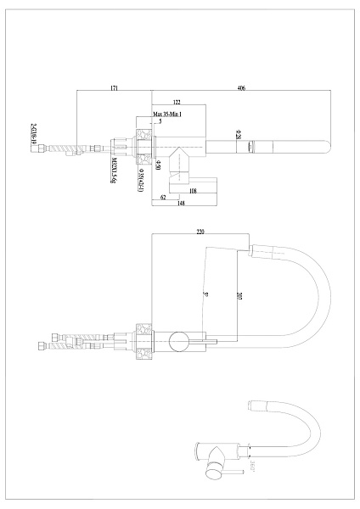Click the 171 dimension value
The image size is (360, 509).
113,88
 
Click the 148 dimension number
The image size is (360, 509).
182,203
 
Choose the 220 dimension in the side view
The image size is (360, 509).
201,231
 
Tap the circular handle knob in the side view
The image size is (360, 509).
180,342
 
